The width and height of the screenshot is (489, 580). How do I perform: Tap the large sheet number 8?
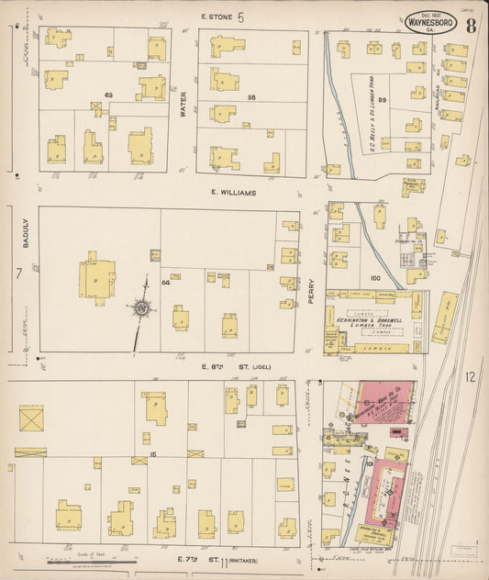pos(470,25)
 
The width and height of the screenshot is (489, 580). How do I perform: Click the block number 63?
pos(108,95)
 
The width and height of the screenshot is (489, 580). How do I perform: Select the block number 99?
pos(383,99)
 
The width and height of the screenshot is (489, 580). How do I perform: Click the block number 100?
pos(374,276)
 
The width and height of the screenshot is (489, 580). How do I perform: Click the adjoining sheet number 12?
pos(471,376)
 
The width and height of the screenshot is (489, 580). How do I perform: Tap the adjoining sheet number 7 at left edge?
pos(18,274)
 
